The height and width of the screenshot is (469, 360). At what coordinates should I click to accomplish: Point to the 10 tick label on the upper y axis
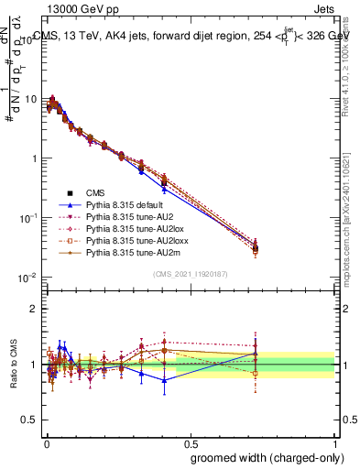29,99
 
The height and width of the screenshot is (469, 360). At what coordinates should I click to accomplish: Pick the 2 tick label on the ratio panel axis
34,309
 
